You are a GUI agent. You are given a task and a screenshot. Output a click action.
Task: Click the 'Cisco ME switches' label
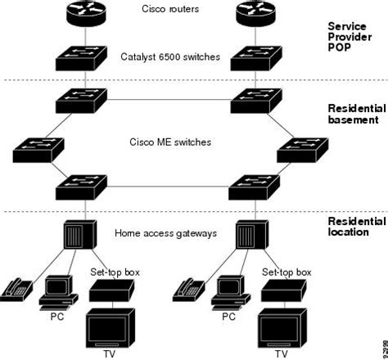point(169,142)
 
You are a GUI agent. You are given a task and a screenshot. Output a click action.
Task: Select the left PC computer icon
point(56,290)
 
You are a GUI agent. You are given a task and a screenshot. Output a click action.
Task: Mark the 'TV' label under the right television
point(281,354)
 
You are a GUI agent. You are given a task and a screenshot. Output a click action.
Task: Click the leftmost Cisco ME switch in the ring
point(34,151)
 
